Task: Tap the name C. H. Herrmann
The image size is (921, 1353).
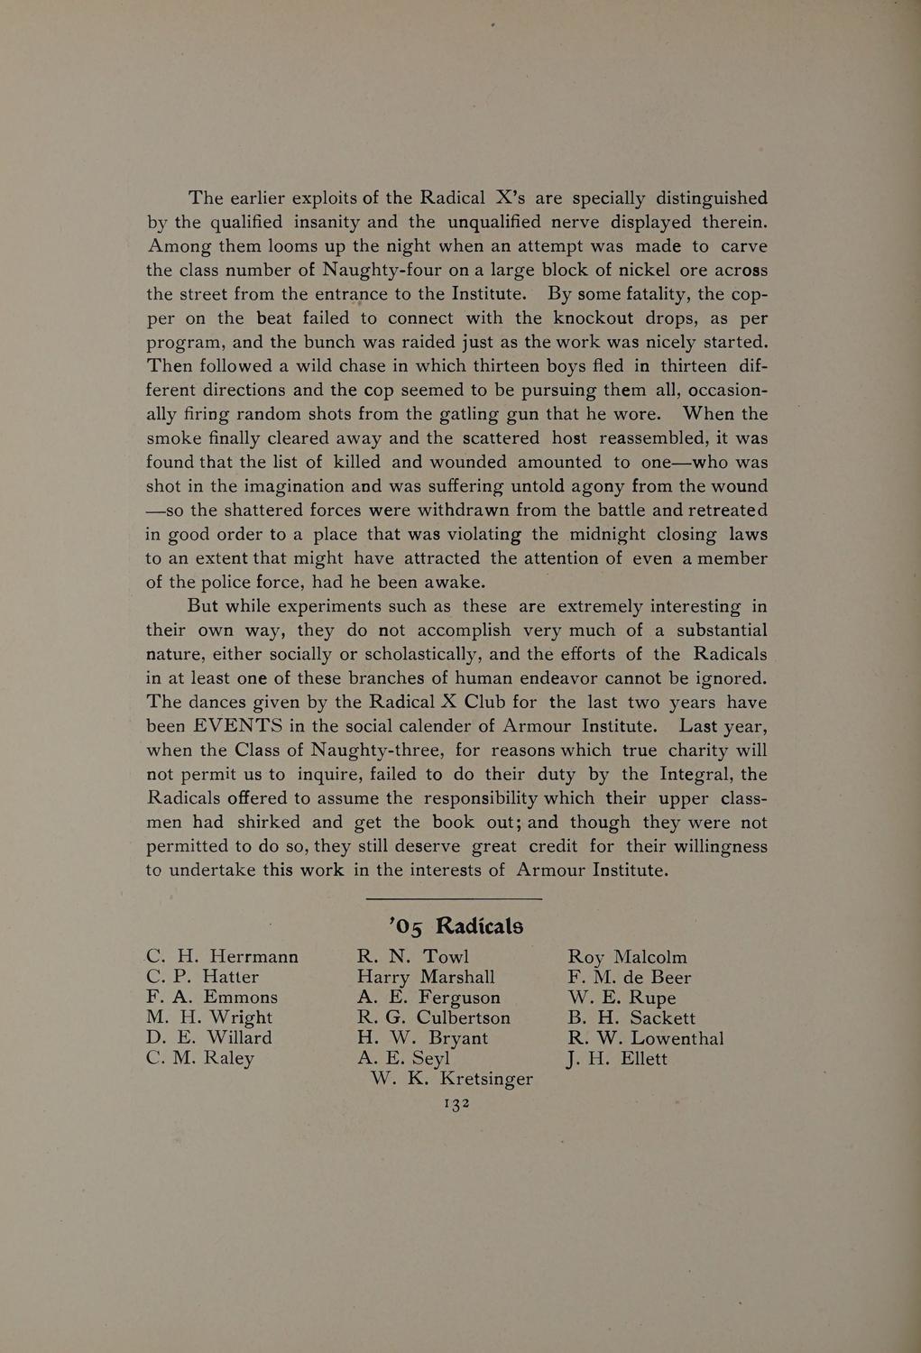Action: point(222,957)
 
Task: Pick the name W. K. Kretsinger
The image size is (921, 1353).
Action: point(452,1079)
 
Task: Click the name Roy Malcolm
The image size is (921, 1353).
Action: point(627,957)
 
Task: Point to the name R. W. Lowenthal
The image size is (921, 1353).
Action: point(645,1038)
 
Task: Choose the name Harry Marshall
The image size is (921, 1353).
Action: point(426,977)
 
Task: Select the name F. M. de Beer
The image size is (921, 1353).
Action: point(629,977)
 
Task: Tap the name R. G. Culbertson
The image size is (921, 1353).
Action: point(434,1017)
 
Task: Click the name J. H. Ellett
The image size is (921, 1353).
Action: point(617,1059)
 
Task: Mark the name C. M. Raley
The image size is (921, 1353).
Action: point(200,1059)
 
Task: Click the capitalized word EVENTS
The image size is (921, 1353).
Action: point(238,726)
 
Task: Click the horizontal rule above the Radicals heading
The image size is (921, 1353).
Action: point(455,898)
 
